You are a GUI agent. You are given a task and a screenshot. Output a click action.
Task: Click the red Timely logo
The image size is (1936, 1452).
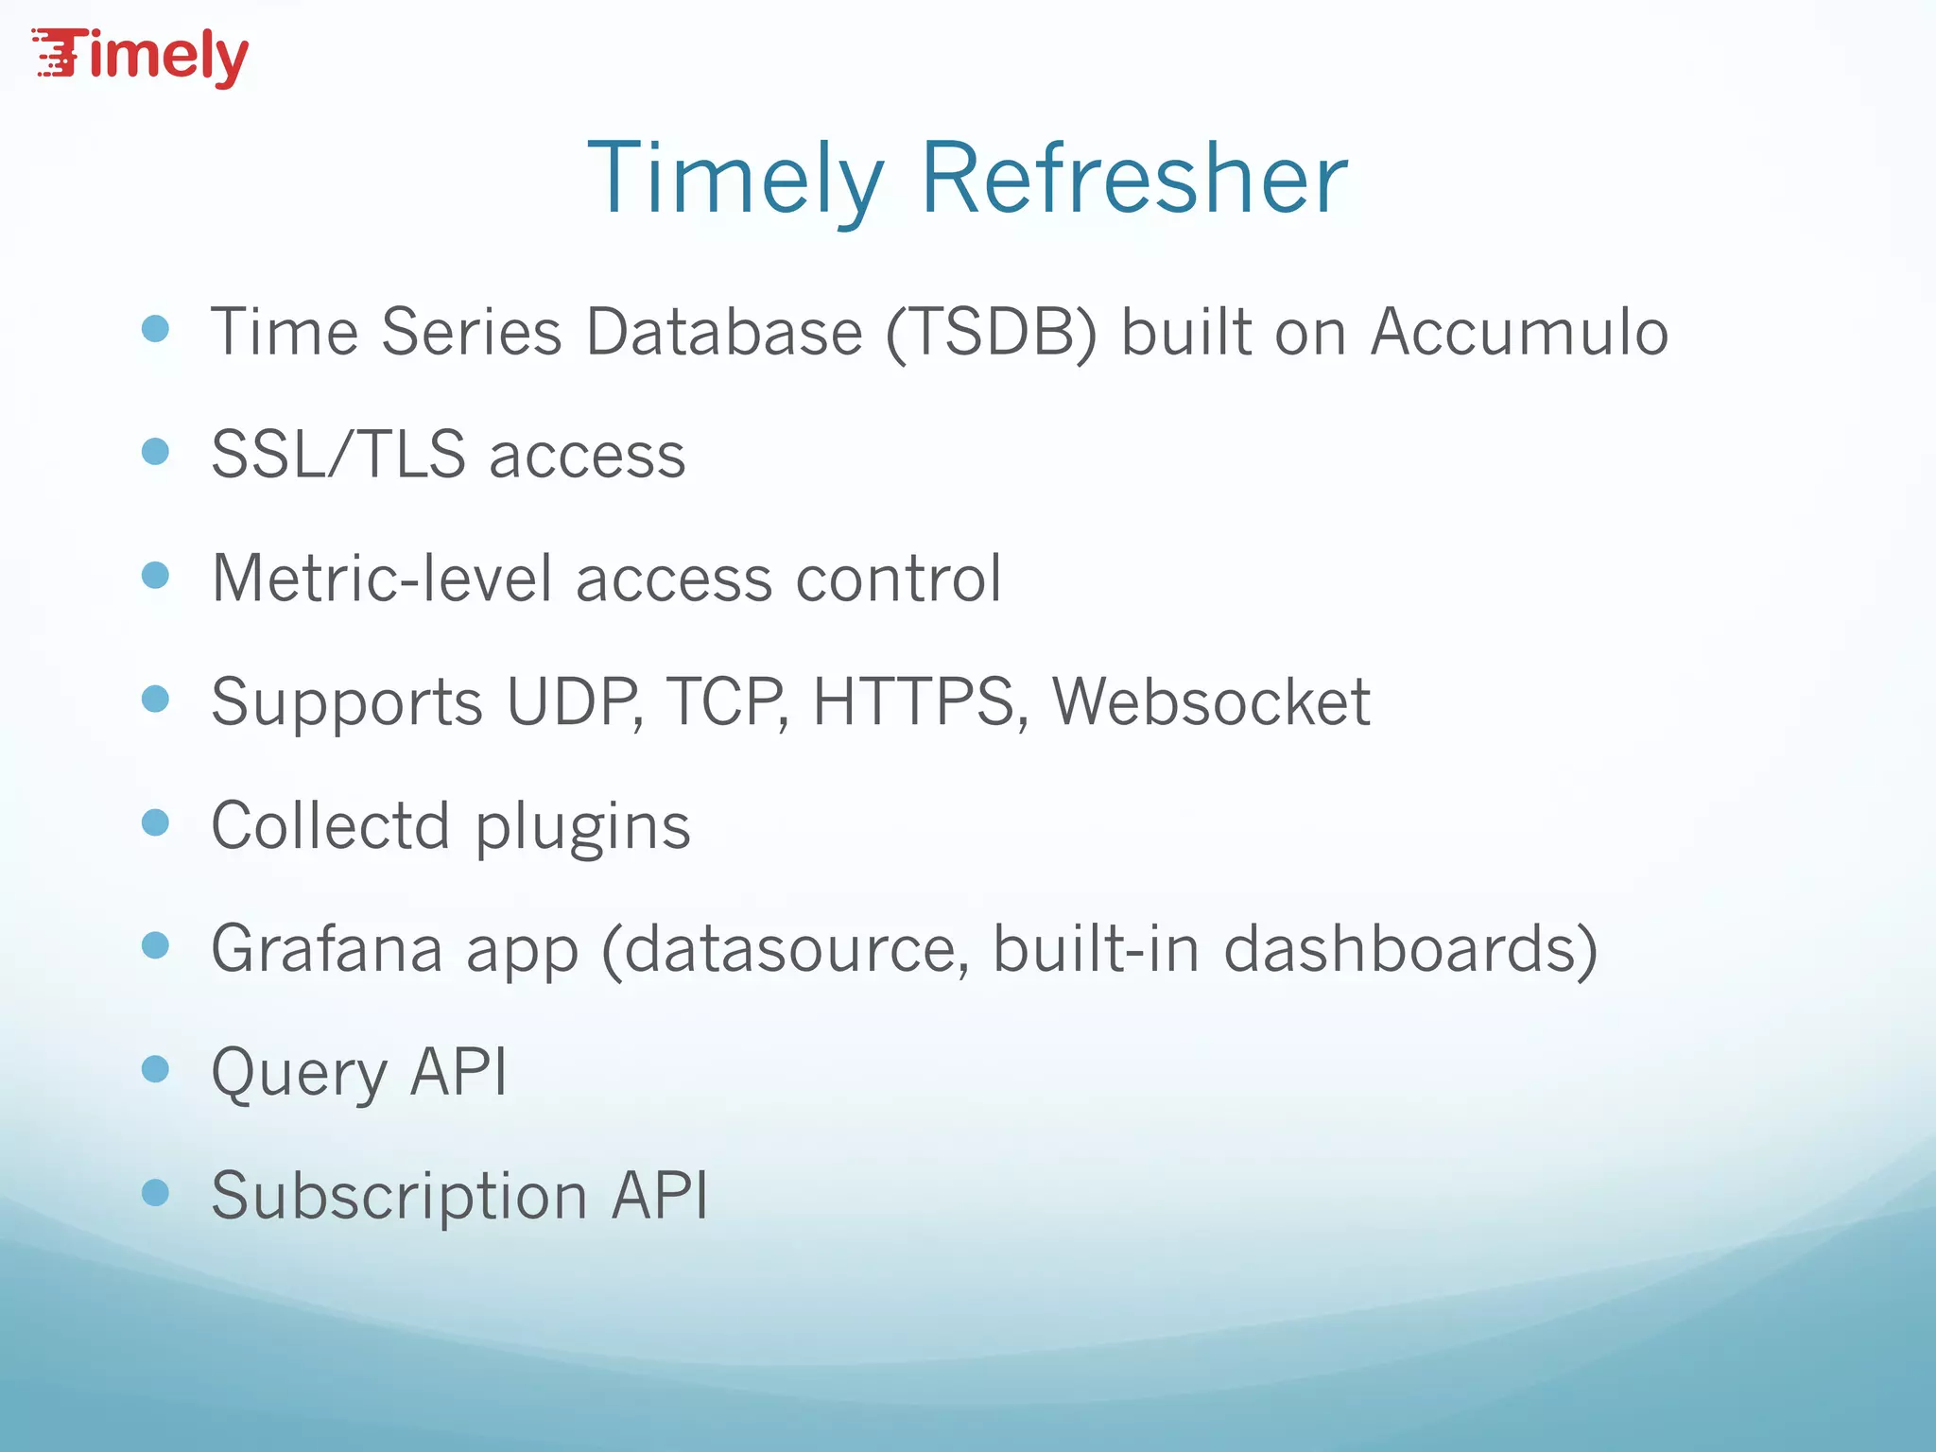click(142, 57)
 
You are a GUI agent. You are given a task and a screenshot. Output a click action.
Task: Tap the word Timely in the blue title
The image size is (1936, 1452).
click(735, 178)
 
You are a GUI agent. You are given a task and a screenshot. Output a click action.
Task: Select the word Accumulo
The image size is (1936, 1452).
click(1519, 332)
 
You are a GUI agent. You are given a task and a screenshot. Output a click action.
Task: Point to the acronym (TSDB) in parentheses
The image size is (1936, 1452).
click(992, 332)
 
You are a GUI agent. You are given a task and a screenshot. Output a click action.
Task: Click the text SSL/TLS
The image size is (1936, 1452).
click(338, 455)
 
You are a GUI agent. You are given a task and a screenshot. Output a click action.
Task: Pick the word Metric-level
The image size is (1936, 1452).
click(382, 578)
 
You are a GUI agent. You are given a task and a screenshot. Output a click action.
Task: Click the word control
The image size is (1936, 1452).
click(898, 578)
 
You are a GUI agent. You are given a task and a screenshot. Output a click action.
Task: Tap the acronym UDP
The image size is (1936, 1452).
click(573, 701)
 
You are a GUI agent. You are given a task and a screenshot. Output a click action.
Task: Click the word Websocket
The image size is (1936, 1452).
click(1211, 701)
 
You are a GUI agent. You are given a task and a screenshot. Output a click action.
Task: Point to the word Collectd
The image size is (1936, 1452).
click(330, 825)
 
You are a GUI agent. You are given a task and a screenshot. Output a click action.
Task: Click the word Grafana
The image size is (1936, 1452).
click(327, 948)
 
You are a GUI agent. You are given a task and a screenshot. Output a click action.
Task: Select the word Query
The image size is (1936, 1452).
click(299, 1073)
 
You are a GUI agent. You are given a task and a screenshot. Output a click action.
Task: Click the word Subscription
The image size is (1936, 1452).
click(399, 1196)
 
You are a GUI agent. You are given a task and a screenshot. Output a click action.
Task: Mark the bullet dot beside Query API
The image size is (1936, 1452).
click(155, 1069)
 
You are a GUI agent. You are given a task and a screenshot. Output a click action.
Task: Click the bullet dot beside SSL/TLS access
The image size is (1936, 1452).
click(155, 452)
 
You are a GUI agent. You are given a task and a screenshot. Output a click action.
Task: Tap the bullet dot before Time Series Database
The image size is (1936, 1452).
click(155, 329)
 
